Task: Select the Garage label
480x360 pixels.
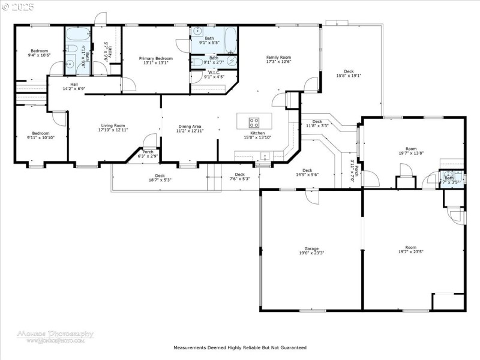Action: coord(311,248)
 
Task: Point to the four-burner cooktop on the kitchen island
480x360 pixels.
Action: coord(254,122)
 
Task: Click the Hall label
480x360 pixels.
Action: coord(74,85)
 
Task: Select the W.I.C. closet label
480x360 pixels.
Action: coord(214,73)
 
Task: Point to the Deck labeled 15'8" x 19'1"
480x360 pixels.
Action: coord(349,71)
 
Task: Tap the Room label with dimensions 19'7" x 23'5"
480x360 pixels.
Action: coord(410,248)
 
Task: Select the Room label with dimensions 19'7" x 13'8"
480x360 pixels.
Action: coord(410,148)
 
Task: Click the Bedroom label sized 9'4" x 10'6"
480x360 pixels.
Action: coord(40,51)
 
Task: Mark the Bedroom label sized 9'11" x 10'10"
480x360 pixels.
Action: coord(40,133)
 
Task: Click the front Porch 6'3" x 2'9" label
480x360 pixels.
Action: coord(148,152)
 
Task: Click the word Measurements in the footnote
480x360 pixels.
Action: coord(190,347)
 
